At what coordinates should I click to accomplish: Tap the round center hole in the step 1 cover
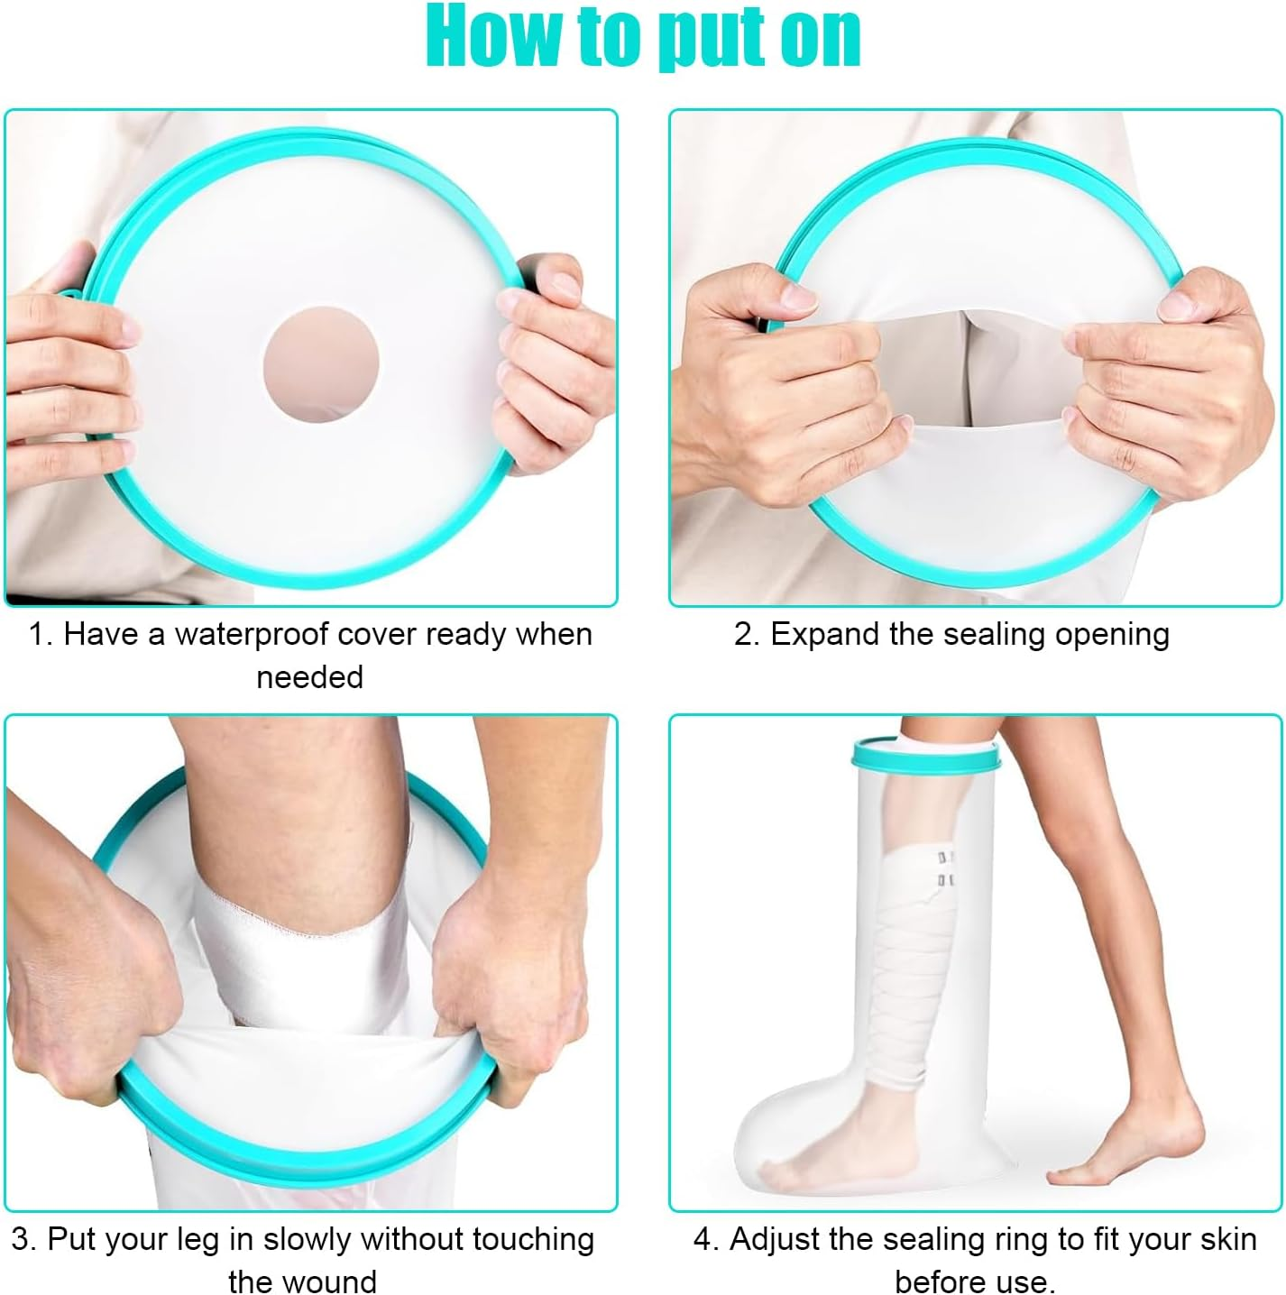coord(321,364)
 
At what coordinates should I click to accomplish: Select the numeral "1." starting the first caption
coord(40,634)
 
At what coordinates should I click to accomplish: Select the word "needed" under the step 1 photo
coord(309,676)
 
